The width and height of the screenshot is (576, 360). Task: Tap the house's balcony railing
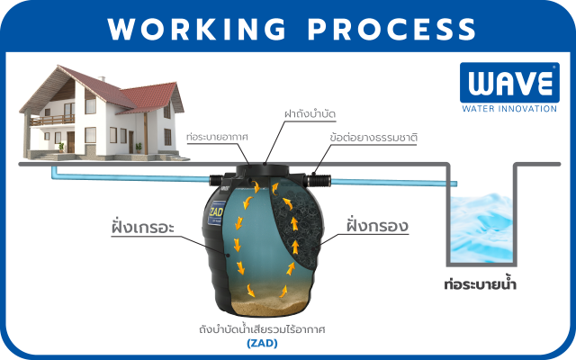53,119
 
